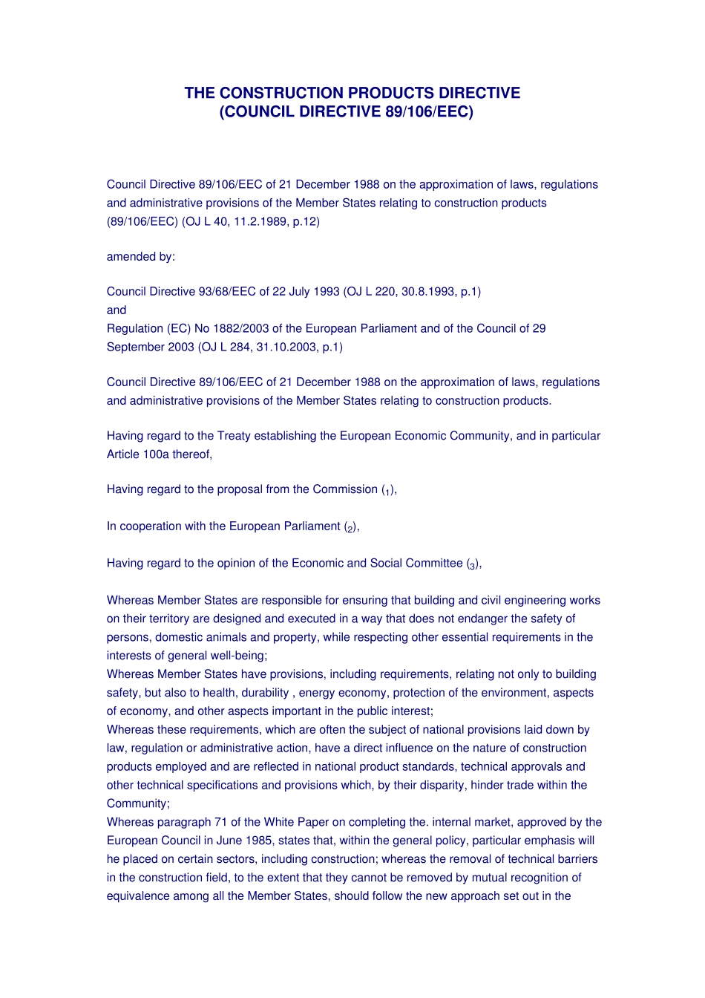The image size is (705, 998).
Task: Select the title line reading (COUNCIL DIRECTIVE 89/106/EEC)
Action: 346,111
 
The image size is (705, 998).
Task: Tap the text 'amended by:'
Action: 141,256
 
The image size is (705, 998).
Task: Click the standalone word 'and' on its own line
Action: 117,310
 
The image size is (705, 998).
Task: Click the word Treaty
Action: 235,435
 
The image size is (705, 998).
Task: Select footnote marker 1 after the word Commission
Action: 387,492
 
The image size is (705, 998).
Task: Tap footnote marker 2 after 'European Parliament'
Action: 350,529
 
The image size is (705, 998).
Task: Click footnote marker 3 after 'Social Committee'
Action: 472,566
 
